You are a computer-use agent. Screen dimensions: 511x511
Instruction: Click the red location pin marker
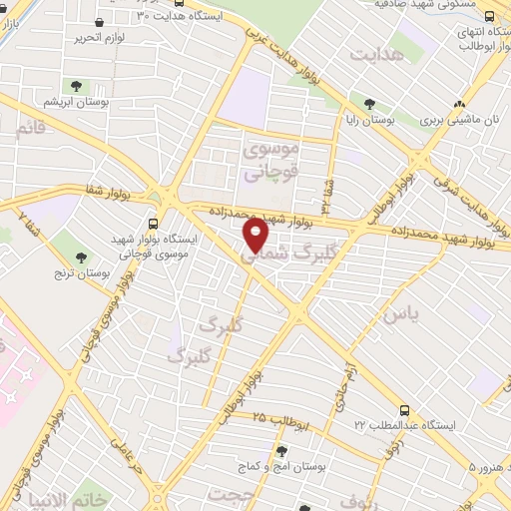pyautogui.click(x=256, y=236)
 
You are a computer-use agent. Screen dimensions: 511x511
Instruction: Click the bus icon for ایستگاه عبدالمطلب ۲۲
pyautogui.click(x=403, y=409)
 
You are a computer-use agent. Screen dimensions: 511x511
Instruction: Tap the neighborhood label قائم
pyautogui.click(x=31, y=128)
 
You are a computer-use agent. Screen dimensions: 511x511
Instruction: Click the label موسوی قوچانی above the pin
pyautogui.click(x=269, y=160)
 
